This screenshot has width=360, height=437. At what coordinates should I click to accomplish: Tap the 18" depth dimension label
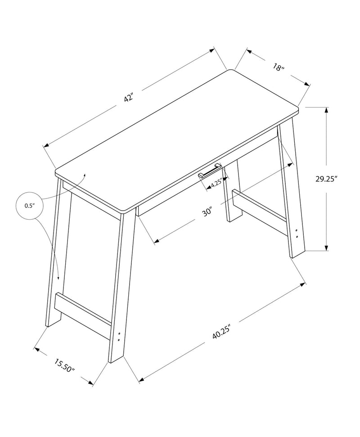coord(279,68)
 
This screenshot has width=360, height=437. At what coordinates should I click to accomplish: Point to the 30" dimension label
coord(207,212)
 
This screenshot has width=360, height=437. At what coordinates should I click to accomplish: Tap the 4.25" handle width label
coord(216,183)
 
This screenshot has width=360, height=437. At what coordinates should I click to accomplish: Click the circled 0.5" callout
coord(30,205)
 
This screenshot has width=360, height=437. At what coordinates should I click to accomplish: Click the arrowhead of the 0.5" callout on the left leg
coord(58,280)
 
